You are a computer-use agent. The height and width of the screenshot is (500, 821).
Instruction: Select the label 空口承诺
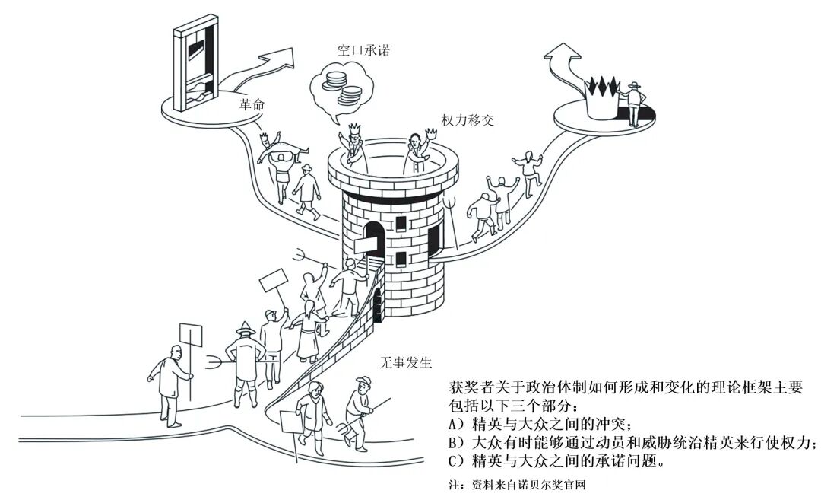pyautogui.click(x=364, y=51)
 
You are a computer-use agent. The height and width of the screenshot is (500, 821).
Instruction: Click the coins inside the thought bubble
pyautogui.click(x=341, y=86)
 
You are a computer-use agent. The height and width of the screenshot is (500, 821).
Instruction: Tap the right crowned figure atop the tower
pyautogui.click(x=417, y=149)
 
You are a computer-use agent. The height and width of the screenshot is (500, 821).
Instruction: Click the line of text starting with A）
pyautogui.click(x=540, y=425)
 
